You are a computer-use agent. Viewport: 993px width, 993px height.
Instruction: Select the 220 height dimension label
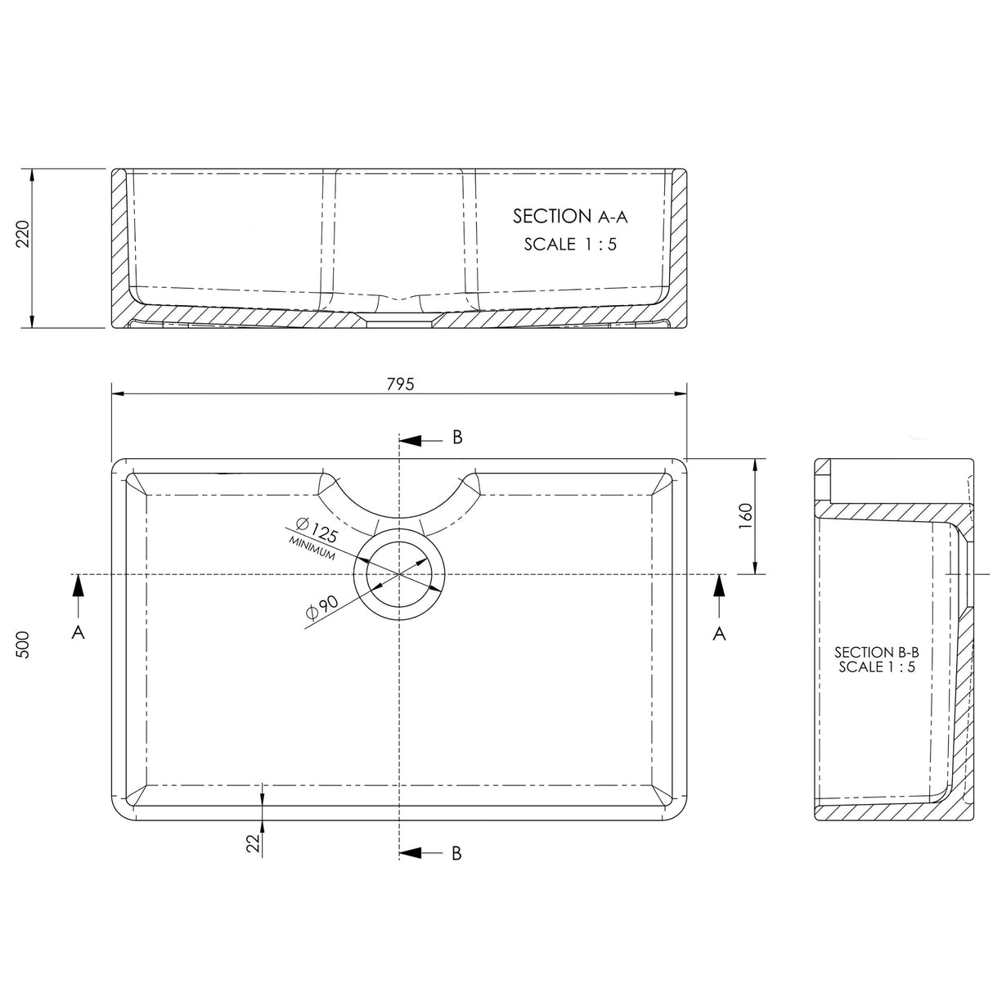point(23,235)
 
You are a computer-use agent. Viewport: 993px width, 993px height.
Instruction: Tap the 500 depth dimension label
point(23,645)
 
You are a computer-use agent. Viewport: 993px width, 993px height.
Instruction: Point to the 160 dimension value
point(745,516)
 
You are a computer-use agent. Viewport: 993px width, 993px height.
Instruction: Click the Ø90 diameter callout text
point(320,608)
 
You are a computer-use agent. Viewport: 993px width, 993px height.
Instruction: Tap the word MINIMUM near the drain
point(311,549)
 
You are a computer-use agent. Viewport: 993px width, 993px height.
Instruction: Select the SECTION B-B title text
point(876,652)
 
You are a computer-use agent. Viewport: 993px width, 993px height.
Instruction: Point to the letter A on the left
point(79,632)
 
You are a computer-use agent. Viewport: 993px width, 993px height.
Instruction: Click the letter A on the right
point(719,632)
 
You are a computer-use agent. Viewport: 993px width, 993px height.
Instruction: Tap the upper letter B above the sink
point(457,438)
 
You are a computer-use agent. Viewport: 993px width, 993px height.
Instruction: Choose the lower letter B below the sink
point(456,854)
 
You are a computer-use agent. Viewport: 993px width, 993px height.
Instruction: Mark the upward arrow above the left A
point(79,592)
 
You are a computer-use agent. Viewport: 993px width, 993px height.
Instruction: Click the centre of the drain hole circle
point(398,574)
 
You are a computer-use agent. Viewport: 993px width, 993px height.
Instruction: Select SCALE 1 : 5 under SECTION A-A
point(569,244)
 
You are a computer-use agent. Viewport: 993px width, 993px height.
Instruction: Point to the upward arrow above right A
point(719,592)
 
